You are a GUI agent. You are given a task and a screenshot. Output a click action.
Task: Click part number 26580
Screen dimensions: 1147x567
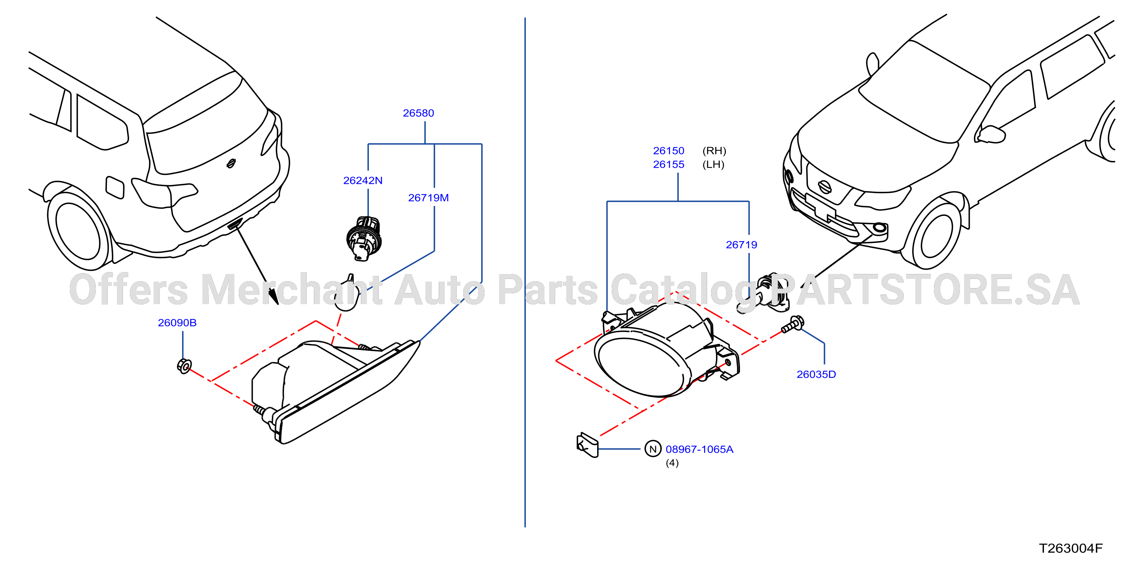click(x=418, y=113)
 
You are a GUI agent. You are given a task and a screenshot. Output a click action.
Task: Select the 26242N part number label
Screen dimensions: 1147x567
click(x=362, y=180)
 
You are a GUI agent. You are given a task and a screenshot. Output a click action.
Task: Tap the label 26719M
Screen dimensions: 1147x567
click(x=428, y=198)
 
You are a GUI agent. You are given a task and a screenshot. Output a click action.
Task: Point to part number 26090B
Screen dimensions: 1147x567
click(x=177, y=322)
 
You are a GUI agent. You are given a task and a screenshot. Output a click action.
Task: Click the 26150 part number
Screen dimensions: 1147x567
click(x=668, y=151)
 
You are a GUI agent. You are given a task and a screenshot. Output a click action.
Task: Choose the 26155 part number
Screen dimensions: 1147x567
click(x=668, y=164)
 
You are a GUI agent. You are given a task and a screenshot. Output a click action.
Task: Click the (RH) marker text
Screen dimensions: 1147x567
click(x=714, y=151)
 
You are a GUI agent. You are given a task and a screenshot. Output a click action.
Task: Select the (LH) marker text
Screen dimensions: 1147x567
click(x=713, y=164)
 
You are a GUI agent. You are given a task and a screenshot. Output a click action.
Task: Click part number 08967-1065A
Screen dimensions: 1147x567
click(x=699, y=449)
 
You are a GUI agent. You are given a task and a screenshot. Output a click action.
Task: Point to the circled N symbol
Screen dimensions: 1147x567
click(x=653, y=449)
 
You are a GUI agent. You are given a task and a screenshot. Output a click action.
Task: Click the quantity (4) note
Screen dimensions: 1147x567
click(x=672, y=463)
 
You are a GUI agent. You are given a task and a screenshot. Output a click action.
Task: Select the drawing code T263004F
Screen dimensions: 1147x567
click(x=1070, y=548)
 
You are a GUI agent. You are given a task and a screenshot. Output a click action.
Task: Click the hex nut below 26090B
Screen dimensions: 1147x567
click(x=184, y=366)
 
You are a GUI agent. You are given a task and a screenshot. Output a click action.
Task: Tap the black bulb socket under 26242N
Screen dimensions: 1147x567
click(x=364, y=238)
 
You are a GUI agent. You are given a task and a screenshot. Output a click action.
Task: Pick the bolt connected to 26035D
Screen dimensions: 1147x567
click(x=793, y=324)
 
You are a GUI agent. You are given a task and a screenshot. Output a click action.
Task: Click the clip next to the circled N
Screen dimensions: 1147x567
click(x=587, y=444)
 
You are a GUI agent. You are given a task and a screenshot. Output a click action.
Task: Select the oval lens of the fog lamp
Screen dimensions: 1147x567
click(x=640, y=365)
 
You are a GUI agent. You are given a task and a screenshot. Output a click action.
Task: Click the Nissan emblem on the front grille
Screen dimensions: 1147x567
click(x=825, y=187)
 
